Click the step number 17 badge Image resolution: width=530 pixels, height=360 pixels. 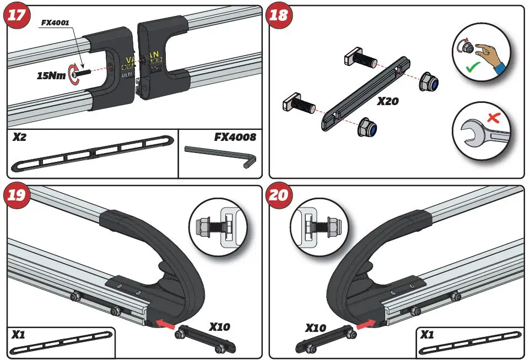coord(17,15)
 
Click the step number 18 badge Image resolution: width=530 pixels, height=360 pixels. coord(279,15)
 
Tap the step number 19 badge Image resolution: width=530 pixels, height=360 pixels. coord(17,195)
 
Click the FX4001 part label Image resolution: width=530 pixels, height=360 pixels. coord(56,23)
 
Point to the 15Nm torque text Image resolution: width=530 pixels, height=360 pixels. coord(51,75)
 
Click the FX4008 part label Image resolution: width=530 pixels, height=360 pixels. coord(235,137)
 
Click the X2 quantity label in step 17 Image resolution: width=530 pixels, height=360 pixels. coord(20,137)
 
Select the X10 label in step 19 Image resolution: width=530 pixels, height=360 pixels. coord(219,326)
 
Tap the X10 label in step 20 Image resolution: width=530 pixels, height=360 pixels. coord(315,328)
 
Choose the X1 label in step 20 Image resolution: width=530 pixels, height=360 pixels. coord(427,334)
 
